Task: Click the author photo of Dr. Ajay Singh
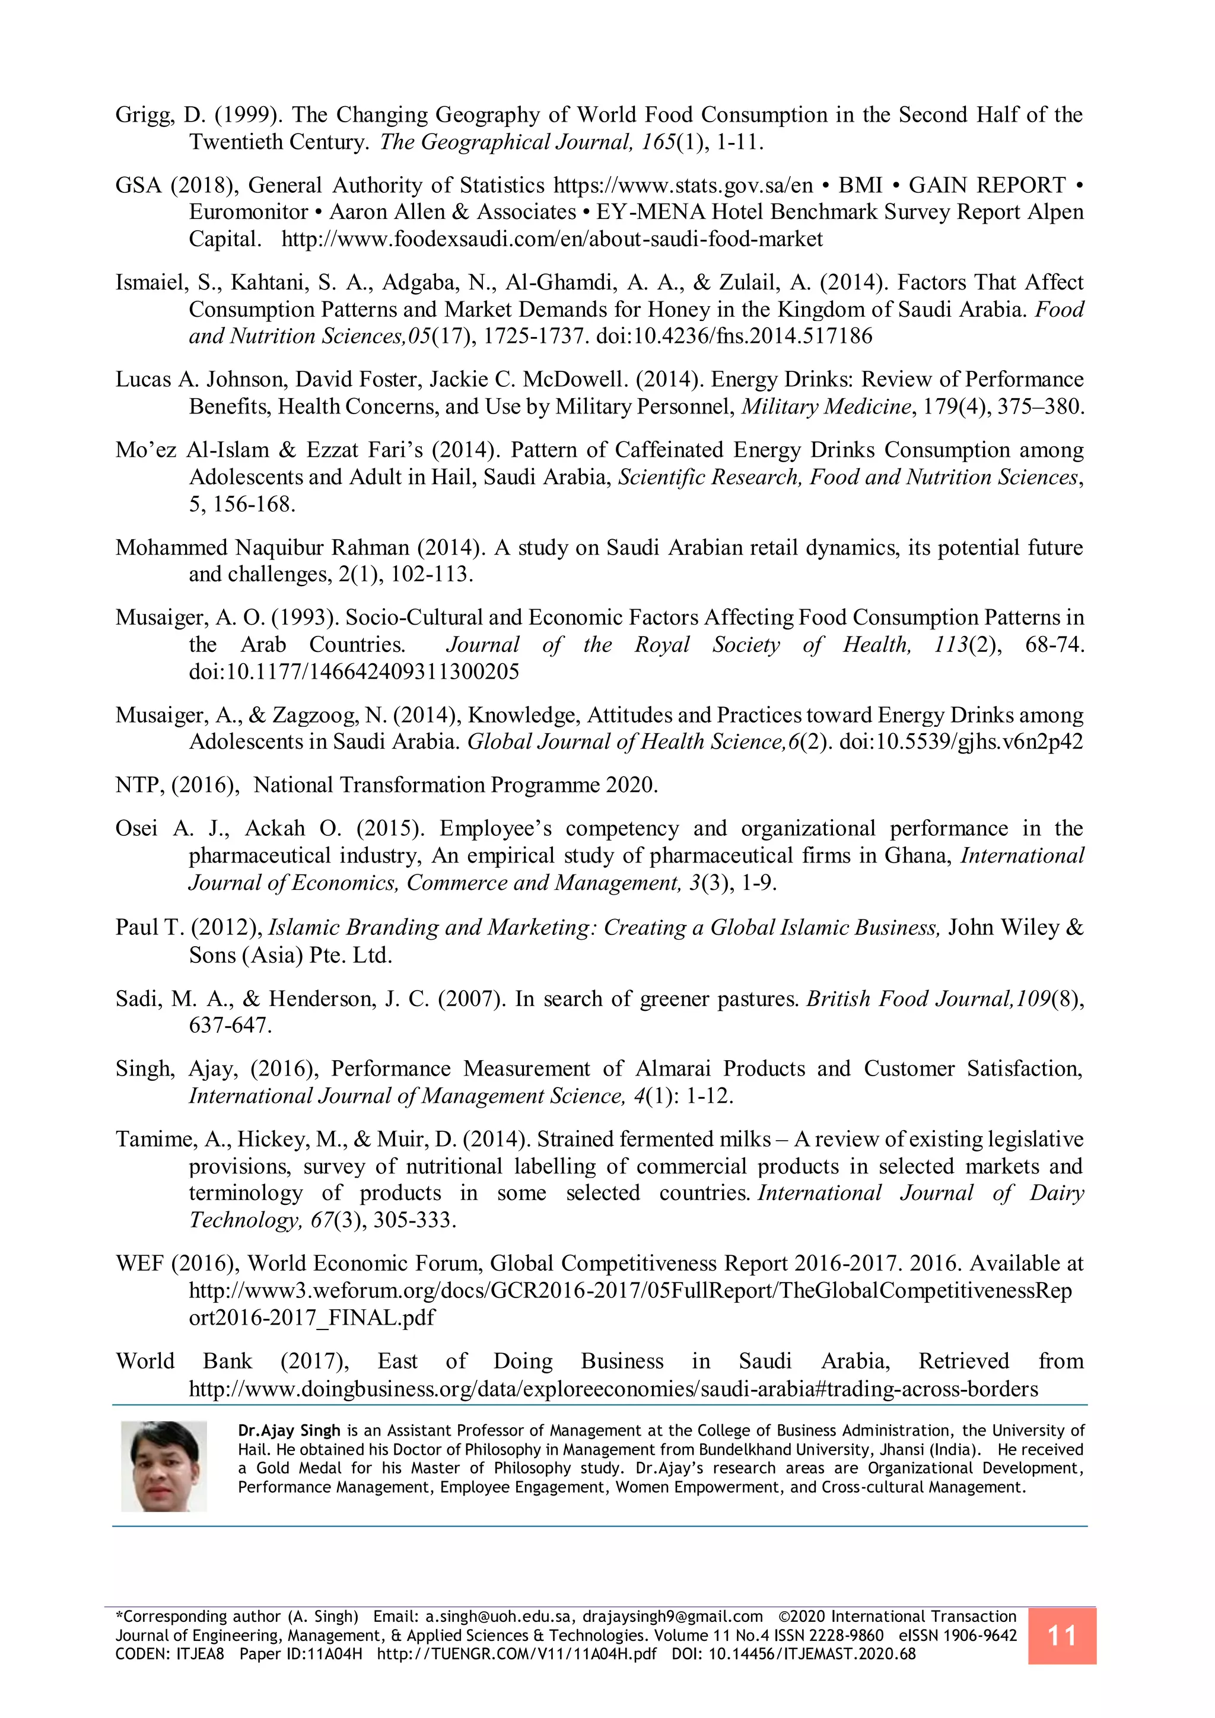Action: pyautogui.click(x=164, y=1466)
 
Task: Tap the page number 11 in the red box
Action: pyautogui.click(x=1061, y=1635)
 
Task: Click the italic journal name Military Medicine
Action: pyautogui.click(x=826, y=406)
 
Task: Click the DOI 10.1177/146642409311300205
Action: pyautogui.click(x=353, y=671)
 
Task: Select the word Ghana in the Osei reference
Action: pyautogui.click(x=917, y=855)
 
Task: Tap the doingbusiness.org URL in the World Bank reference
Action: pyautogui.click(x=613, y=1389)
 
